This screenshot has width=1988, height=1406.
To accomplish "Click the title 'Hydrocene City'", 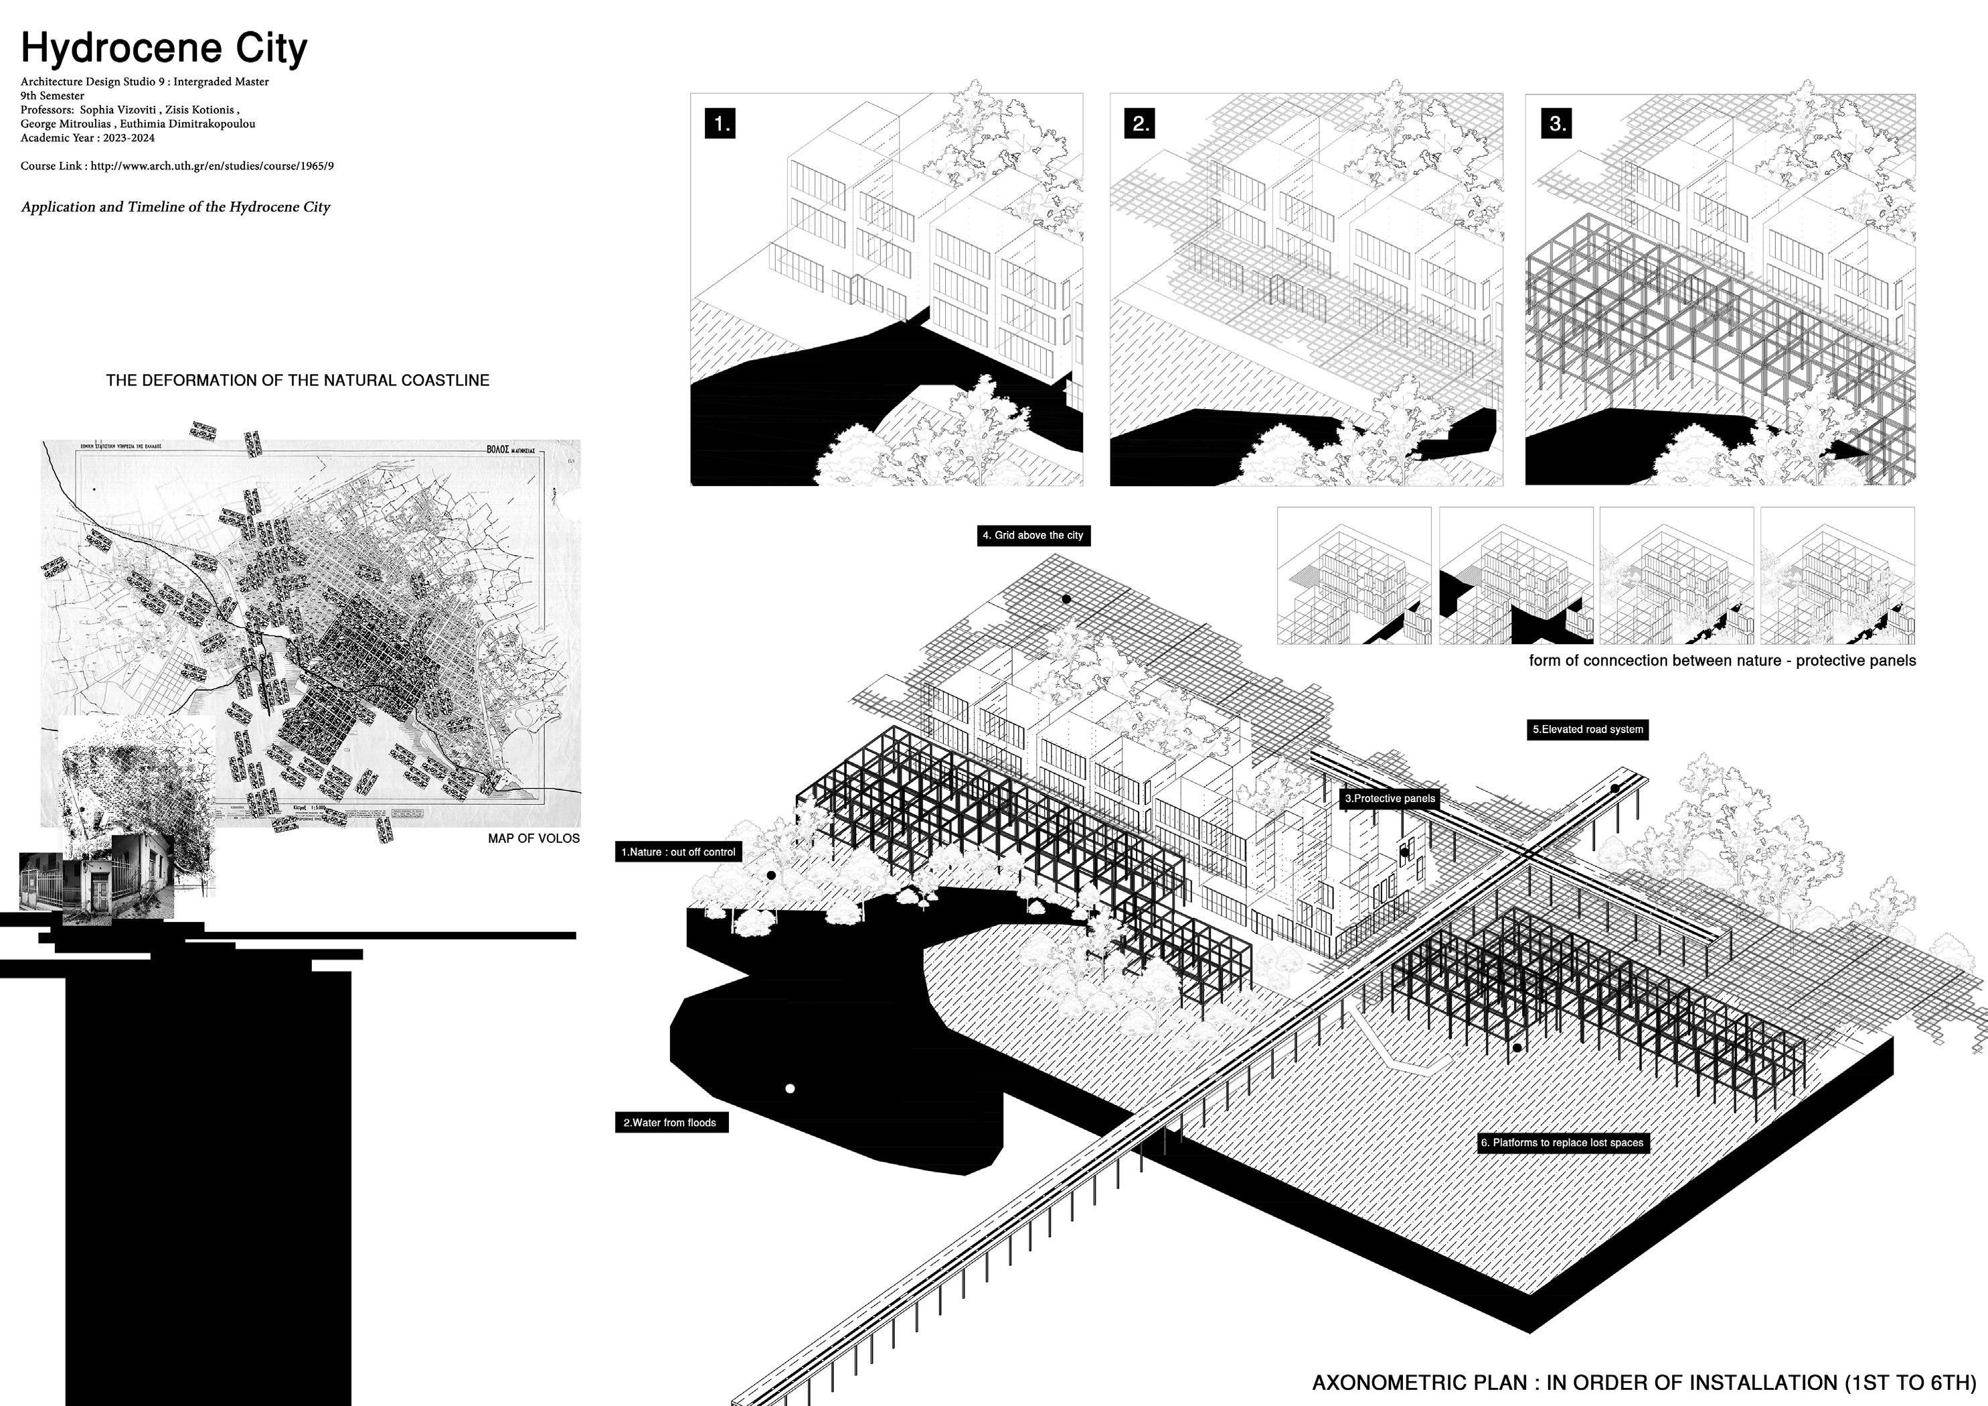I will click(163, 48).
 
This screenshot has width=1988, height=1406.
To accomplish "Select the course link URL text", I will click(212, 165).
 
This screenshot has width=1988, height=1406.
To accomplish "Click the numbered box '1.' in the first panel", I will click(720, 124).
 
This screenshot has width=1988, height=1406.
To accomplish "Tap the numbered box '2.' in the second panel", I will click(1141, 124).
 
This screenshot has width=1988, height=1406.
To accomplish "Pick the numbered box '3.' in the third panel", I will click(1557, 124).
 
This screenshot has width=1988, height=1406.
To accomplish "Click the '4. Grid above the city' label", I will click(1032, 536).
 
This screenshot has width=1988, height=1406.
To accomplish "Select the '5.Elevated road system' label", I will click(1587, 729).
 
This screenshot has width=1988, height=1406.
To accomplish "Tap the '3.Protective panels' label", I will click(1389, 798).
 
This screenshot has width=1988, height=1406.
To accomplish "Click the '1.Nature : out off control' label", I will click(678, 852).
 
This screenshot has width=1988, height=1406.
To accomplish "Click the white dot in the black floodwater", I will click(790, 1088).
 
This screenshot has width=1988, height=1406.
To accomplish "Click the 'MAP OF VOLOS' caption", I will click(533, 838).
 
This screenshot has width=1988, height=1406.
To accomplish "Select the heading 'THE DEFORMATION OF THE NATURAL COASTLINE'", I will click(297, 380).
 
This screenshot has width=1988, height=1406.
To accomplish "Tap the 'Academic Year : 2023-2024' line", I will click(88, 138).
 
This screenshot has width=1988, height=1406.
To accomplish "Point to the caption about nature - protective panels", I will click(1722, 661).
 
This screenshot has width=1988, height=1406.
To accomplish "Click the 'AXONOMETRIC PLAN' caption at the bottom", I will click(1643, 1382).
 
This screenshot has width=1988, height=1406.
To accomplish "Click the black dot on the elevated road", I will click(1614, 788).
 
